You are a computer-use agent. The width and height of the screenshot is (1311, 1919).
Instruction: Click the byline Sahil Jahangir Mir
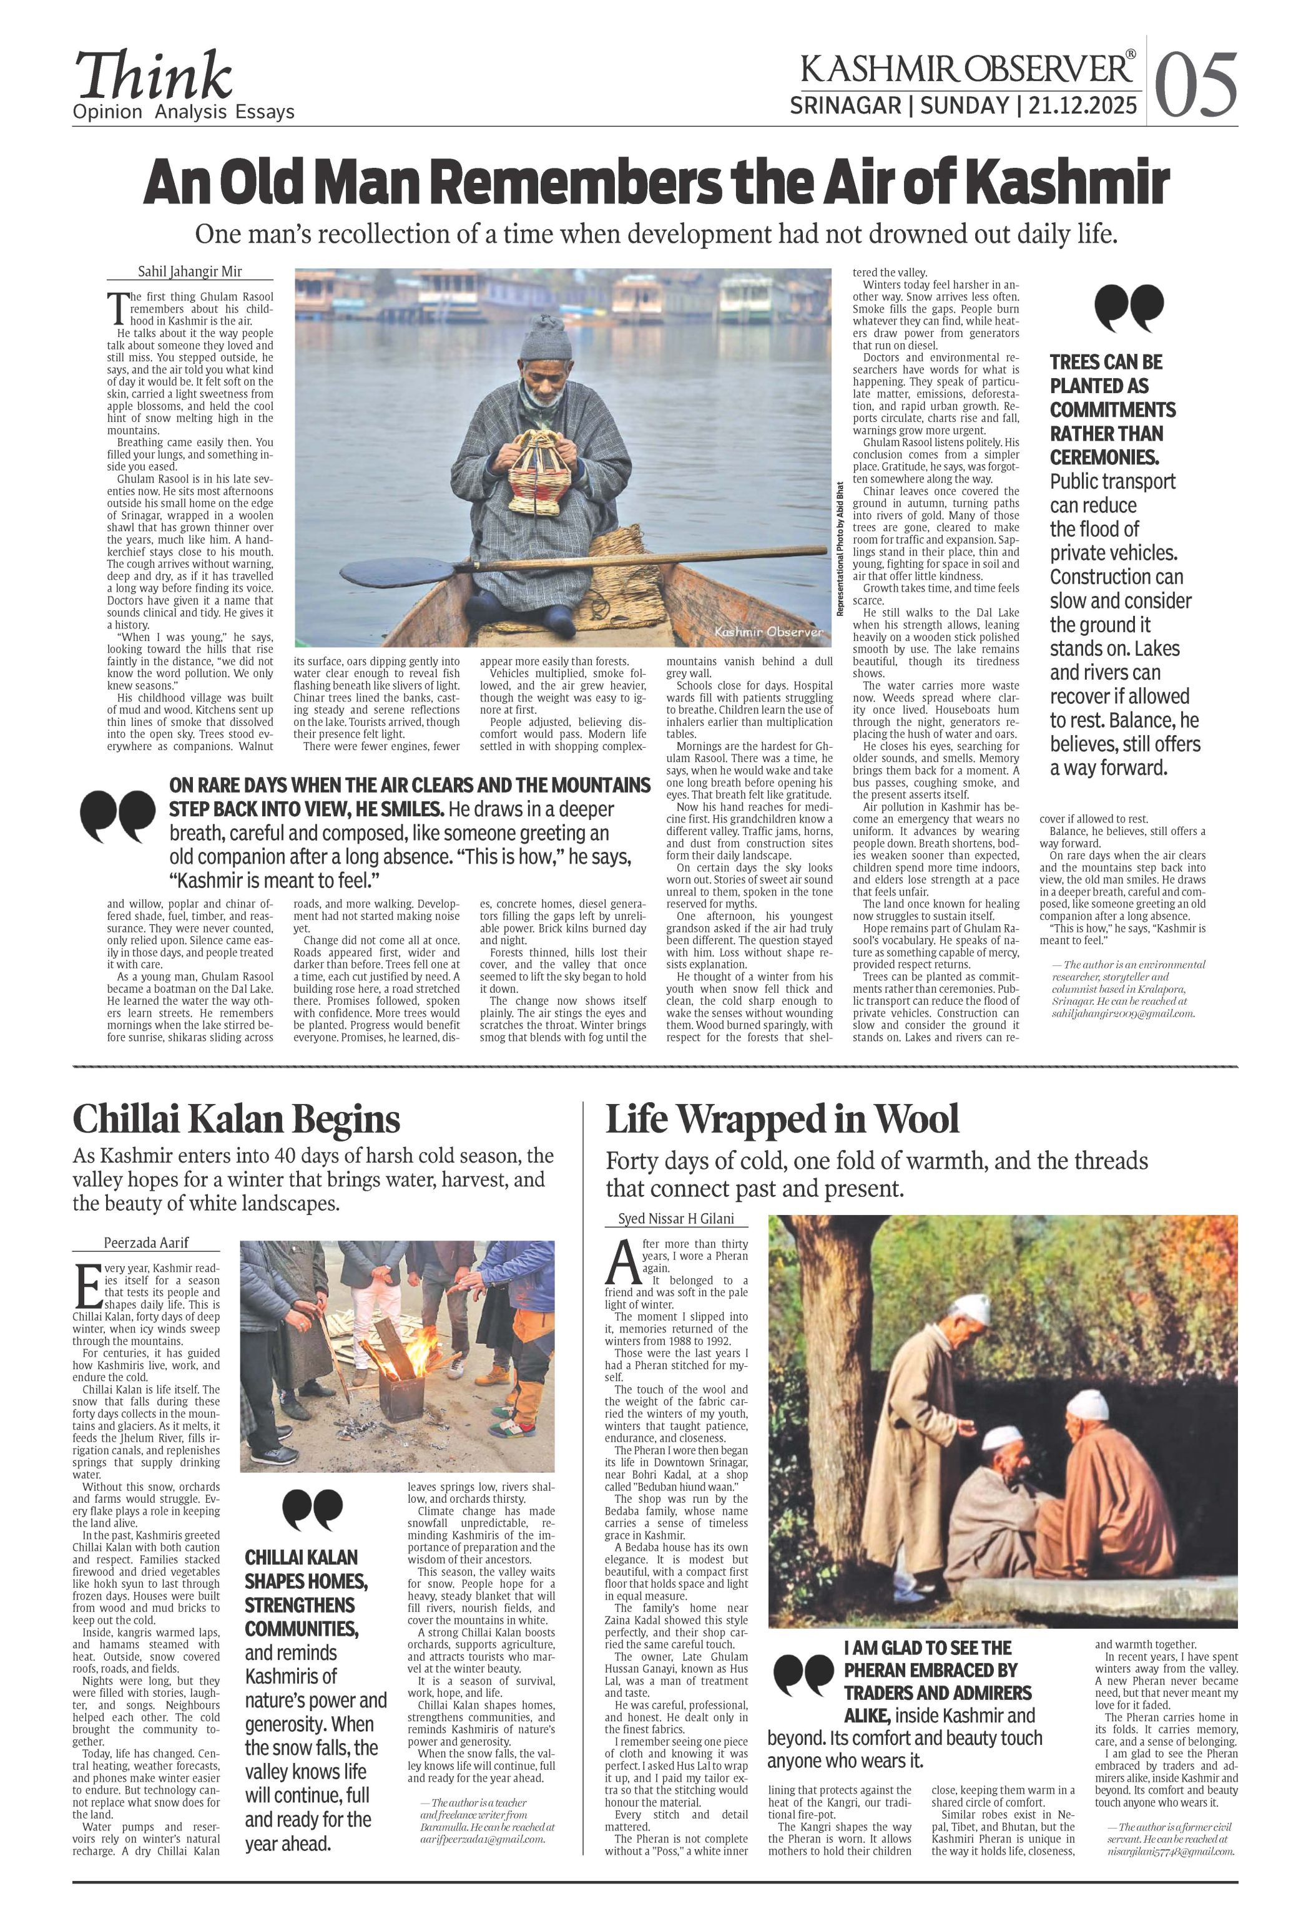point(189,271)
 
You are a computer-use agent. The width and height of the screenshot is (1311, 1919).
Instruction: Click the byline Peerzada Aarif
point(146,1243)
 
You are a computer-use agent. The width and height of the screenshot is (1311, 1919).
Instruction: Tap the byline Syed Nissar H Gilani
point(675,1219)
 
